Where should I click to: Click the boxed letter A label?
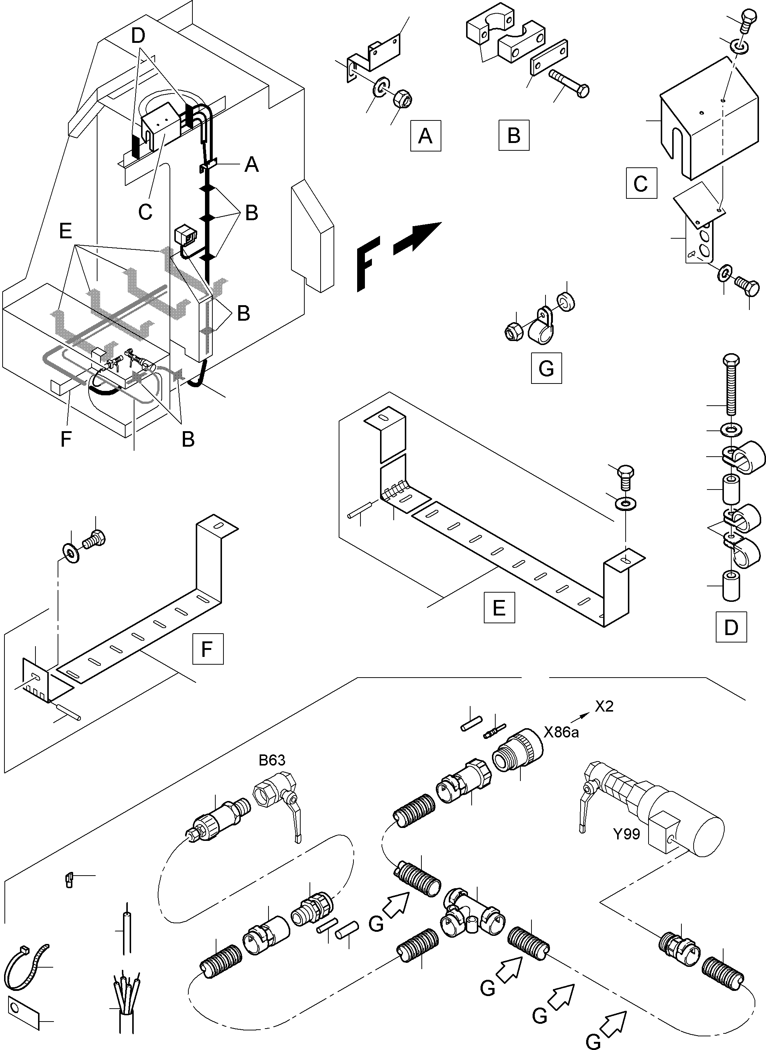click(425, 136)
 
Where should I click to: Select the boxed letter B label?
click(514, 136)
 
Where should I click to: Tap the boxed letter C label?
click(641, 183)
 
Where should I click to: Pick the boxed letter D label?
click(731, 627)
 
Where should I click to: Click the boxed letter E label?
click(499, 607)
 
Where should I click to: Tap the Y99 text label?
click(626, 834)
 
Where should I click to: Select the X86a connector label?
click(561, 732)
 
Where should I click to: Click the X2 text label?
click(604, 706)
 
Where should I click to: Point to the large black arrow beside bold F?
click(416, 239)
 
